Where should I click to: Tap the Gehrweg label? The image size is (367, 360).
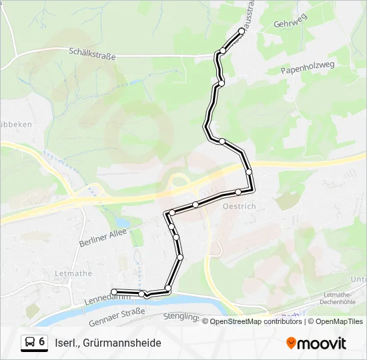[x=289, y=23]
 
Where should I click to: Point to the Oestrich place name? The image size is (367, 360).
[x=238, y=206]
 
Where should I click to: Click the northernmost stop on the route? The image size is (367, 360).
[x=242, y=30]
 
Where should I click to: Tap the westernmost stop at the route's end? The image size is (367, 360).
[x=115, y=291]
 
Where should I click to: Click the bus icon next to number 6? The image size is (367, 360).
[x=30, y=343]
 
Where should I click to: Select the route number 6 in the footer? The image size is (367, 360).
[x=42, y=342]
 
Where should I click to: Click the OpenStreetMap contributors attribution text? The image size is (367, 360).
[x=256, y=321]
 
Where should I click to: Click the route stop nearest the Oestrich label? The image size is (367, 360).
[x=238, y=192]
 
